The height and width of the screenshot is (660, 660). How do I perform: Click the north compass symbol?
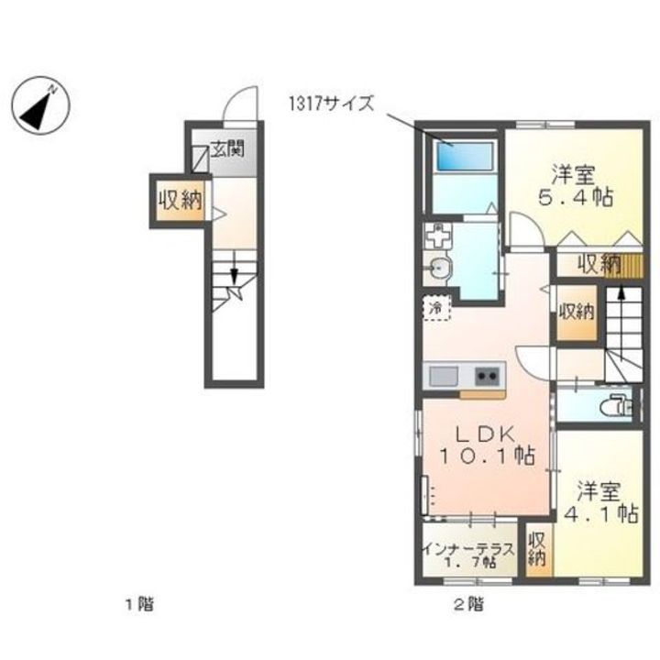(40, 105)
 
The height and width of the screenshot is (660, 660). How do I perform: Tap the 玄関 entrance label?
(227, 149)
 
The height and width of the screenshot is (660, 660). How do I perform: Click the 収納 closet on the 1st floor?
(181, 201)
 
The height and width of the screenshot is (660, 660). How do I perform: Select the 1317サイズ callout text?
(331, 104)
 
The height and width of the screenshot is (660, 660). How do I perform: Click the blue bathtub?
(465, 156)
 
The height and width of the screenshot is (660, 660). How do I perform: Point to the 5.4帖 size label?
(576, 197)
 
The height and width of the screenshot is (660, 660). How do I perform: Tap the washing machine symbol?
(437, 236)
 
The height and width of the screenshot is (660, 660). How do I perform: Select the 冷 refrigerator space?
(436, 308)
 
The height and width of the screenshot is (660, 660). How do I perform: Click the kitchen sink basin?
(444, 376)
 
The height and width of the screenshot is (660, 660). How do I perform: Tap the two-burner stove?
(488, 376)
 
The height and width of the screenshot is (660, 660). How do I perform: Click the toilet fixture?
(615, 406)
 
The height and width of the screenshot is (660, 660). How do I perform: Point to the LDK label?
(486, 434)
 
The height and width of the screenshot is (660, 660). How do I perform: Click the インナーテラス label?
(469, 549)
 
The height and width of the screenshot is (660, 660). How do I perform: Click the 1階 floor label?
(140, 605)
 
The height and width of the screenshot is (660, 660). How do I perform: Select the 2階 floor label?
(469, 605)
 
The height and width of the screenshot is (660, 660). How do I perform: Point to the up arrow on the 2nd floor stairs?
(621, 300)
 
